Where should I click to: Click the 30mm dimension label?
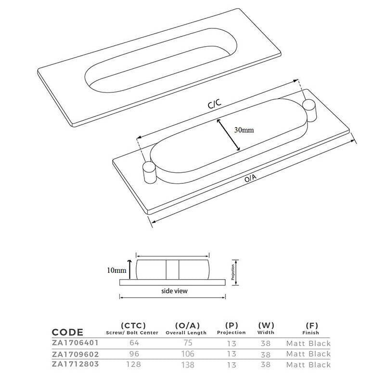pos(244,130)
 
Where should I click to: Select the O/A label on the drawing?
pos(250,179)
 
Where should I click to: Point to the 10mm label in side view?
pos(115,270)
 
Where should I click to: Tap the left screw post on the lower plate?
pos(148,172)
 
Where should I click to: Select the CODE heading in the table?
pos(67,332)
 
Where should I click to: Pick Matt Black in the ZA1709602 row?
pos(308,354)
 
